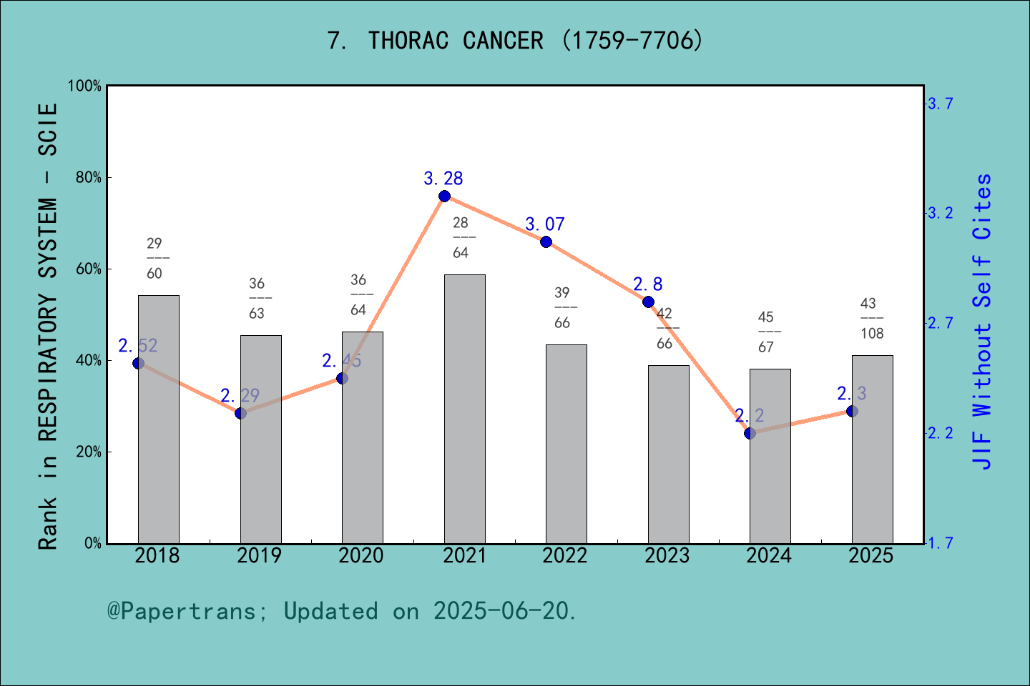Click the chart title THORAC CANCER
click(515, 41)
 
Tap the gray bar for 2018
click(158, 419)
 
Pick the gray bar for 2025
click(872, 449)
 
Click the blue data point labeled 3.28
click(444, 197)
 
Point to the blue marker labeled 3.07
click(546, 242)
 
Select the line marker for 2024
click(750, 433)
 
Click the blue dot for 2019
click(240, 413)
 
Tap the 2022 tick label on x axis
click(564, 556)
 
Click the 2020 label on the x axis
click(360, 556)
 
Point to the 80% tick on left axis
click(89, 178)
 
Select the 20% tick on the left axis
click(89, 452)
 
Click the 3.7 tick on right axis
click(941, 104)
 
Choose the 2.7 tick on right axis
click(941, 323)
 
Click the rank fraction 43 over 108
click(871, 319)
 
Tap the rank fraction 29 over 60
click(154, 259)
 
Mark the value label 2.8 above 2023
click(647, 284)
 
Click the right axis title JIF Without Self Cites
click(982, 322)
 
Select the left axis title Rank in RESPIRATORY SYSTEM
click(47, 326)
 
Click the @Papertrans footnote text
click(342, 611)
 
